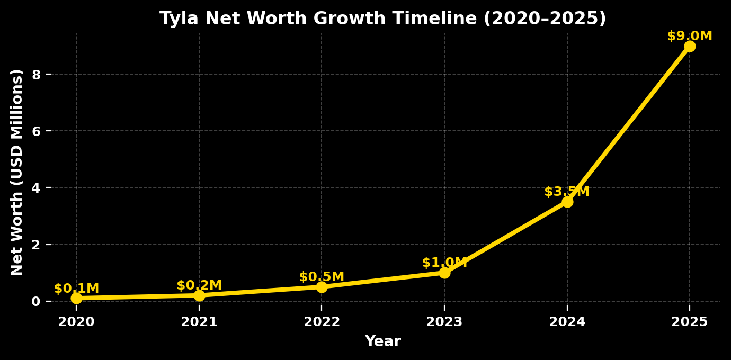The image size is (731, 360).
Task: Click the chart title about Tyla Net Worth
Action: [382, 19]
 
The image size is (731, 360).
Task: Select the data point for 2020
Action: [76, 298]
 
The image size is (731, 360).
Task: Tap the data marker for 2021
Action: [199, 295]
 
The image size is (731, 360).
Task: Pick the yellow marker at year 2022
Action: [322, 287]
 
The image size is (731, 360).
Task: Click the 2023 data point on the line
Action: [444, 273]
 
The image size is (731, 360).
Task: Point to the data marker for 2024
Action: [567, 202]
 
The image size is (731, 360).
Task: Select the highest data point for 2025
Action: [690, 46]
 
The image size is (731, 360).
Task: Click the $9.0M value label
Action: [690, 37]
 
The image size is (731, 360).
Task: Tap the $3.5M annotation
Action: [567, 192]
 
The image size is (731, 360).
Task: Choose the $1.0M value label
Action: [444, 263]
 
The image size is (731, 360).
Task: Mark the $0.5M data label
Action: [322, 277]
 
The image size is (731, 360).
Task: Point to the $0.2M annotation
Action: [199, 286]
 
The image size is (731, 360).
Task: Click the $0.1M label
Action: [76, 289]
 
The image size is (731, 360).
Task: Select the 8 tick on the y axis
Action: [36, 75]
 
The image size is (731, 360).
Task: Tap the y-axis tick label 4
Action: [36, 188]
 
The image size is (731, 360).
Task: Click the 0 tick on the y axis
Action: [36, 301]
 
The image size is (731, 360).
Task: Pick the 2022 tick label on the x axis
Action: [322, 322]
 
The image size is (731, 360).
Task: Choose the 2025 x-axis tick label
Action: [690, 322]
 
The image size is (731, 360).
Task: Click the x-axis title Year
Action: [382, 342]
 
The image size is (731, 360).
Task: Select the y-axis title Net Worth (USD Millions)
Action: [17, 172]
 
